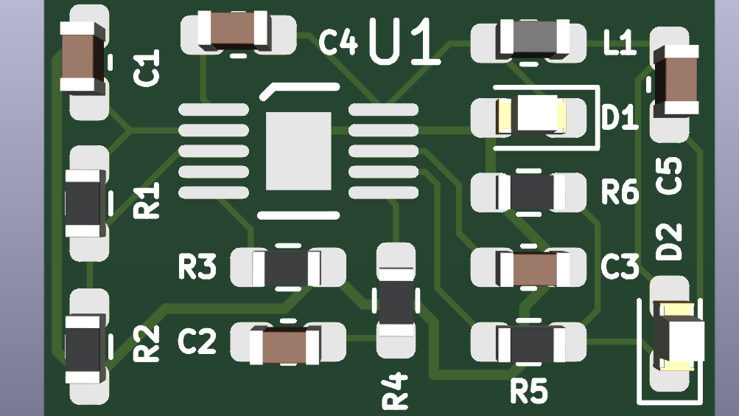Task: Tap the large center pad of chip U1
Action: [298, 151]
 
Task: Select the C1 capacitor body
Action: [81, 57]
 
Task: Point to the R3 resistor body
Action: [287, 268]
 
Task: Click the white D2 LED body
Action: [676, 336]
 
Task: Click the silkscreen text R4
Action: [395, 391]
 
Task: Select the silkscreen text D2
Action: [669, 241]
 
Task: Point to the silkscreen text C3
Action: [620, 267]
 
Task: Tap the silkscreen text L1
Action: [618, 44]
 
